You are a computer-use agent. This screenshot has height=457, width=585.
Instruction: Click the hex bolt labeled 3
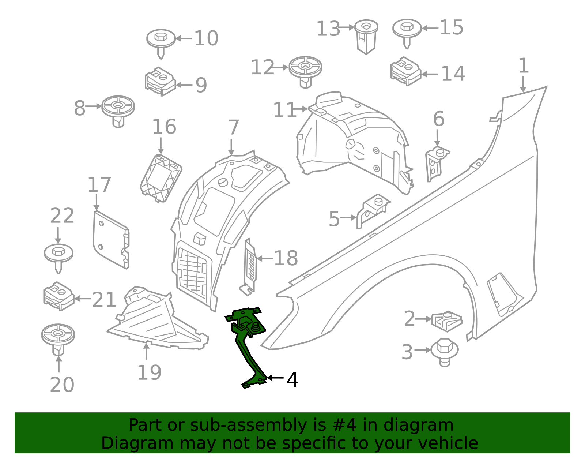(444, 351)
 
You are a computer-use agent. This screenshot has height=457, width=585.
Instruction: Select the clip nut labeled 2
(447, 320)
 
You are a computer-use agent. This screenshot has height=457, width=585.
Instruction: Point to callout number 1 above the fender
(524, 66)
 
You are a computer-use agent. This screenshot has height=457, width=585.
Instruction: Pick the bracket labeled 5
(373, 210)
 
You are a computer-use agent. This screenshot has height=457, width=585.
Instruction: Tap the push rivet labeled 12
(305, 71)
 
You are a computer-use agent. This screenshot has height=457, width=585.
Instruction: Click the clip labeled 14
(405, 71)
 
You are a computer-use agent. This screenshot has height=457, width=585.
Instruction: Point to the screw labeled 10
(161, 42)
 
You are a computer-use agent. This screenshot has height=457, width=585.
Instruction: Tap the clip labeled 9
(160, 81)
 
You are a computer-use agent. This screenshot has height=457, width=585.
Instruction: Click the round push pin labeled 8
(118, 110)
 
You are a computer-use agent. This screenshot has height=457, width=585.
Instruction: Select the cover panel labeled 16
(161, 178)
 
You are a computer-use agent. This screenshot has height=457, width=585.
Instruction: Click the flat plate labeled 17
(111, 240)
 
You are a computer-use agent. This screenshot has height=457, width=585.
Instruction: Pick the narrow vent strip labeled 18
(250, 265)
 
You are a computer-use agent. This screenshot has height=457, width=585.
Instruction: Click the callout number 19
(149, 372)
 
